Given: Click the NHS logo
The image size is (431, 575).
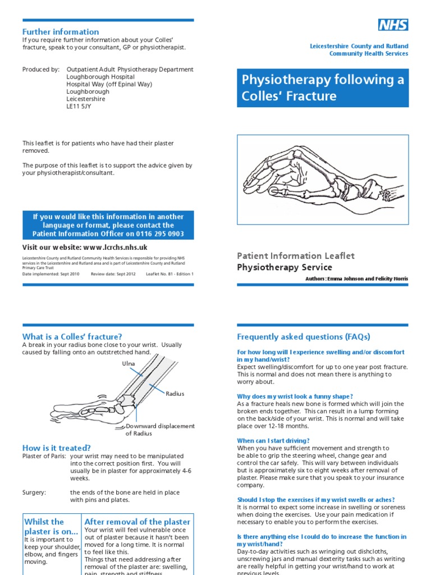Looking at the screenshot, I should point(392,25).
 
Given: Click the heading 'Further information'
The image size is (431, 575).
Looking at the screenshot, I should point(61,32).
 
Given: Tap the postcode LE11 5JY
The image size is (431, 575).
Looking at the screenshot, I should point(79,106).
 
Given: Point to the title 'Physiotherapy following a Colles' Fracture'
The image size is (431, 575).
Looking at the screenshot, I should point(322,88).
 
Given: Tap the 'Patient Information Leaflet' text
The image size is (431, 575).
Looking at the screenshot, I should point(296,255).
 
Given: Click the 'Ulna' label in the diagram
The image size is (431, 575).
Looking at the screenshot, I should point(129,364).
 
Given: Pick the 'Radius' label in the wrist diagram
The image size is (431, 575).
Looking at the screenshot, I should point(175,394).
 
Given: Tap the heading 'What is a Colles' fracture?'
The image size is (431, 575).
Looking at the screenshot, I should point(72,336).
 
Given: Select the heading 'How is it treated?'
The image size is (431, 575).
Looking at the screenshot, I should point(56,448).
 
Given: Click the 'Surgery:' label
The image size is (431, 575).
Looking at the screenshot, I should point(34,492).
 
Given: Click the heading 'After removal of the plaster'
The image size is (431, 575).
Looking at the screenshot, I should point(137,522).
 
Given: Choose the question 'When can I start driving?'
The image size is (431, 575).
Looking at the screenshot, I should point(273,441).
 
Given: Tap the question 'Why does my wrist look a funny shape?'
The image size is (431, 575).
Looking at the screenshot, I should point(295,396).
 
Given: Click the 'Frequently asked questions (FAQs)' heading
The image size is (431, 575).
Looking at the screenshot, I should point(304,337).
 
